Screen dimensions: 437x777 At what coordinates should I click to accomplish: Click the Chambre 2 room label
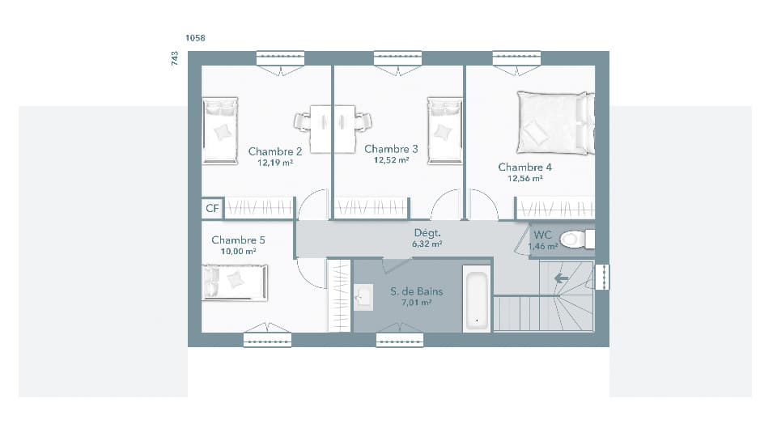tap(275, 151)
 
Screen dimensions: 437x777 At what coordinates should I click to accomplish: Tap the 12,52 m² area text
tap(391, 160)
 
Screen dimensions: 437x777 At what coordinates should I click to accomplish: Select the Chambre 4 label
tap(524, 168)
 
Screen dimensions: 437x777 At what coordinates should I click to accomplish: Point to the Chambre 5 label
tap(238, 240)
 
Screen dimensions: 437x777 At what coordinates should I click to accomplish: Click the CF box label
tap(212, 209)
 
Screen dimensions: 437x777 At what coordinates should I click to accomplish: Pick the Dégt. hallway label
tap(427, 232)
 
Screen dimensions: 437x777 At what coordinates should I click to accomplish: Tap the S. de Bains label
tap(416, 291)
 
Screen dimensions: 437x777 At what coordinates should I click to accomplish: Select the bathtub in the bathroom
tap(477, 299)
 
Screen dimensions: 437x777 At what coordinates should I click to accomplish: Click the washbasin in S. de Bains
tap(363, 297)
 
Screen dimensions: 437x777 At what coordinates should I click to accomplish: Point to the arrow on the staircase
tap(560, 278)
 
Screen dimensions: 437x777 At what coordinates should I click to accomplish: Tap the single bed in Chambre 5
tap(234, 282)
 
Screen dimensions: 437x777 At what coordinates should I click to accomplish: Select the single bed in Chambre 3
tap(444, 130)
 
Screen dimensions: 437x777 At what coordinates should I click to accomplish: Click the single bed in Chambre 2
tap(220, 129)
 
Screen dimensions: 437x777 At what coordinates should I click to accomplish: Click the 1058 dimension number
tap(195, 38)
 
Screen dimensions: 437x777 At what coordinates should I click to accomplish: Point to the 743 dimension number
tap(175, 58)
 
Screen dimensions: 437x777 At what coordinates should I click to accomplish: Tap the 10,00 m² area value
tap(238, 252)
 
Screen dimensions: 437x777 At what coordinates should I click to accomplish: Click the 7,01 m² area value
tap(416, 303)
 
